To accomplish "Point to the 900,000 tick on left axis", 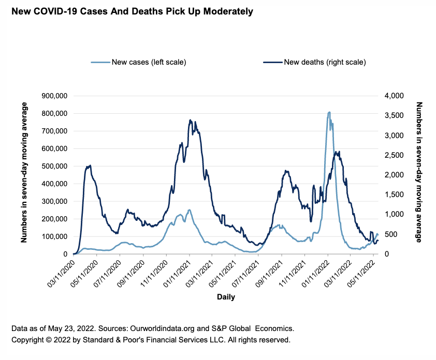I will (55, 96).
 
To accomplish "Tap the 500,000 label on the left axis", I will (55, 166).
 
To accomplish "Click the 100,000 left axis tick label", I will (55, 236).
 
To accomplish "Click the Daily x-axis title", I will (225, 297).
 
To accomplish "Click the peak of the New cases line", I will (329, 112).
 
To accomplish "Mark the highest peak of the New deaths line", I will (190, 120).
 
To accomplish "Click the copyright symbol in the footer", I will (51, 340).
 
